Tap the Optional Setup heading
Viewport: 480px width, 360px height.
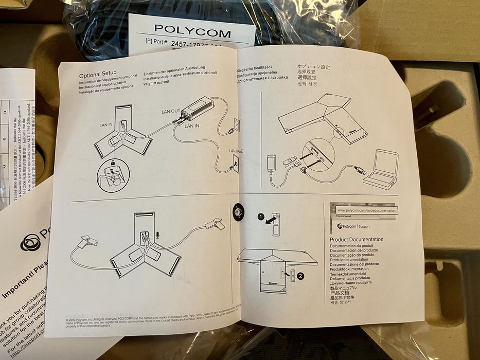click(98, 73)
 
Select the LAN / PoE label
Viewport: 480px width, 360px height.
click(236, 151)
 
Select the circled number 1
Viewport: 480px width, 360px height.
click(261, 217)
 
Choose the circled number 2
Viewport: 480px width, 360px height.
click(300, 276)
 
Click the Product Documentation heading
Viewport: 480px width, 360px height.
click(356, 240)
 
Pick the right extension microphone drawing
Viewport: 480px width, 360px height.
click(215, 224)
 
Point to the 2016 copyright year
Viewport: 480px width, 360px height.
click(74, 318)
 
